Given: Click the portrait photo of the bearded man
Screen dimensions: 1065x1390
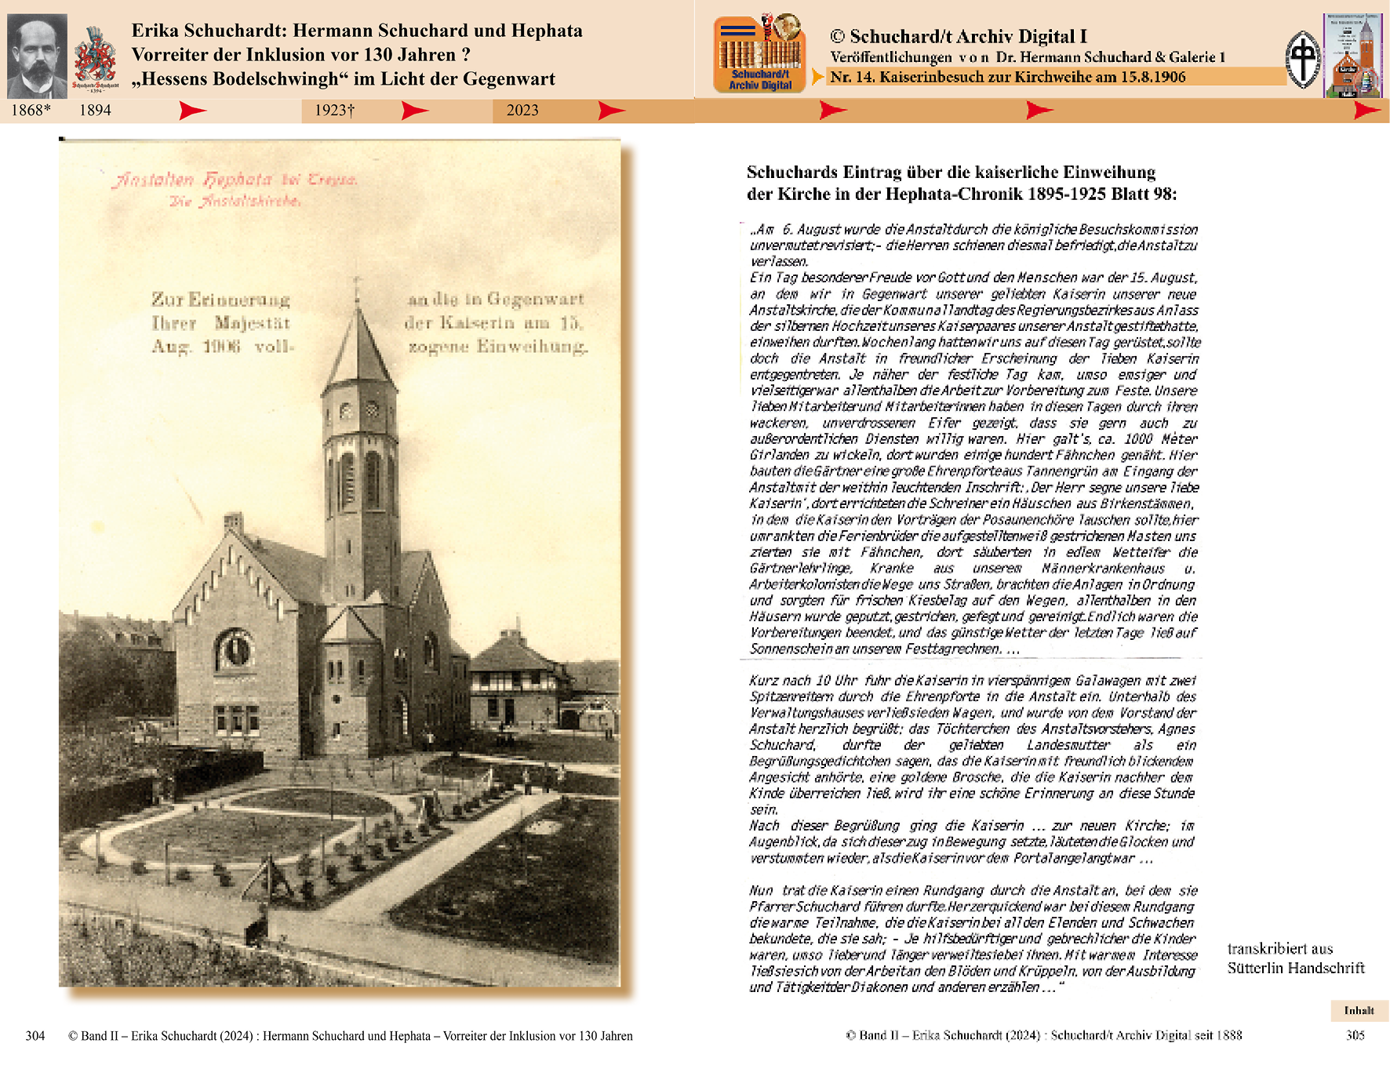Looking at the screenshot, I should coord(37,56).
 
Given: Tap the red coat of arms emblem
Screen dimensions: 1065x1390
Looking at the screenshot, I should coord(95,56).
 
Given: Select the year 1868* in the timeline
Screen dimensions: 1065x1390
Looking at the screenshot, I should coord(31,111).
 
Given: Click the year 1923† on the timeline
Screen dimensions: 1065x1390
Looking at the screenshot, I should coord(334,111).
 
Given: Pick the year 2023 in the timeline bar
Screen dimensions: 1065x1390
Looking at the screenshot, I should coord(522,111).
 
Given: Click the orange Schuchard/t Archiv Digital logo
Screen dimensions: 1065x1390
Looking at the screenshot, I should coord(759,54).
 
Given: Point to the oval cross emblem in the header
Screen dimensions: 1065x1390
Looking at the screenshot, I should coord(1303,60).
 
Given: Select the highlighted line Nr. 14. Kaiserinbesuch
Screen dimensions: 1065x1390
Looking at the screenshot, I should coord(1007,77).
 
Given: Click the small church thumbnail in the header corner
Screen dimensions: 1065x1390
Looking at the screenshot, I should coord(1352,55).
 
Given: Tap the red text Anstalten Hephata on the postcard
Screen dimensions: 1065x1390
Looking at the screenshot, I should coord(193,180).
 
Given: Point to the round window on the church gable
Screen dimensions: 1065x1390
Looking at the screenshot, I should coord(234,649).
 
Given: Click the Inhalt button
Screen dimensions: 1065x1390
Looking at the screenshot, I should coord(1359,1011).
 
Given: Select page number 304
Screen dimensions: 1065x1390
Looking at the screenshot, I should coord(35,1036).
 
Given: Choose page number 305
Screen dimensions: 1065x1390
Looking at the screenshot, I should coord(1355,1035).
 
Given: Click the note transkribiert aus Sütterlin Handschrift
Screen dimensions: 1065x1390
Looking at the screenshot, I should coord(1295,958).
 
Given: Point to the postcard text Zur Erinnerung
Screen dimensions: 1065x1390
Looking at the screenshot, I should coord(220,300).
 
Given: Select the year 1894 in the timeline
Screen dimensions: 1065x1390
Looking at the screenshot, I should coord(95,111).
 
